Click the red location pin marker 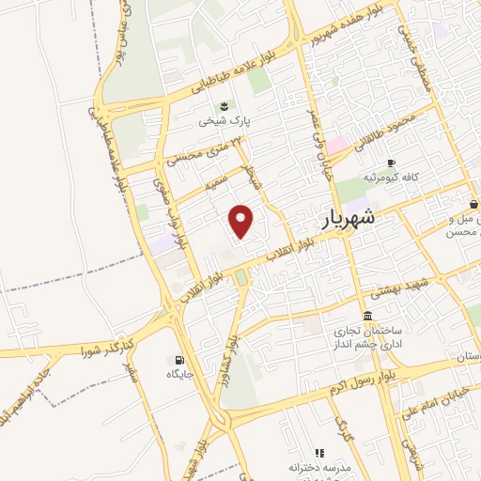pyautogui.click(x=243, y=221)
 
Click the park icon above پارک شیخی pyautogui.click(x=223, y=105)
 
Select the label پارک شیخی pyautogui.click(x=217, y=120)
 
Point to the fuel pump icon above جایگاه pyautogui.click(x=178, y=360)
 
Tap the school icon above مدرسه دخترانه pyautogui.click(x=318, y=453)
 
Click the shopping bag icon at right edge pyautogui.click(x=474, y=203)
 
